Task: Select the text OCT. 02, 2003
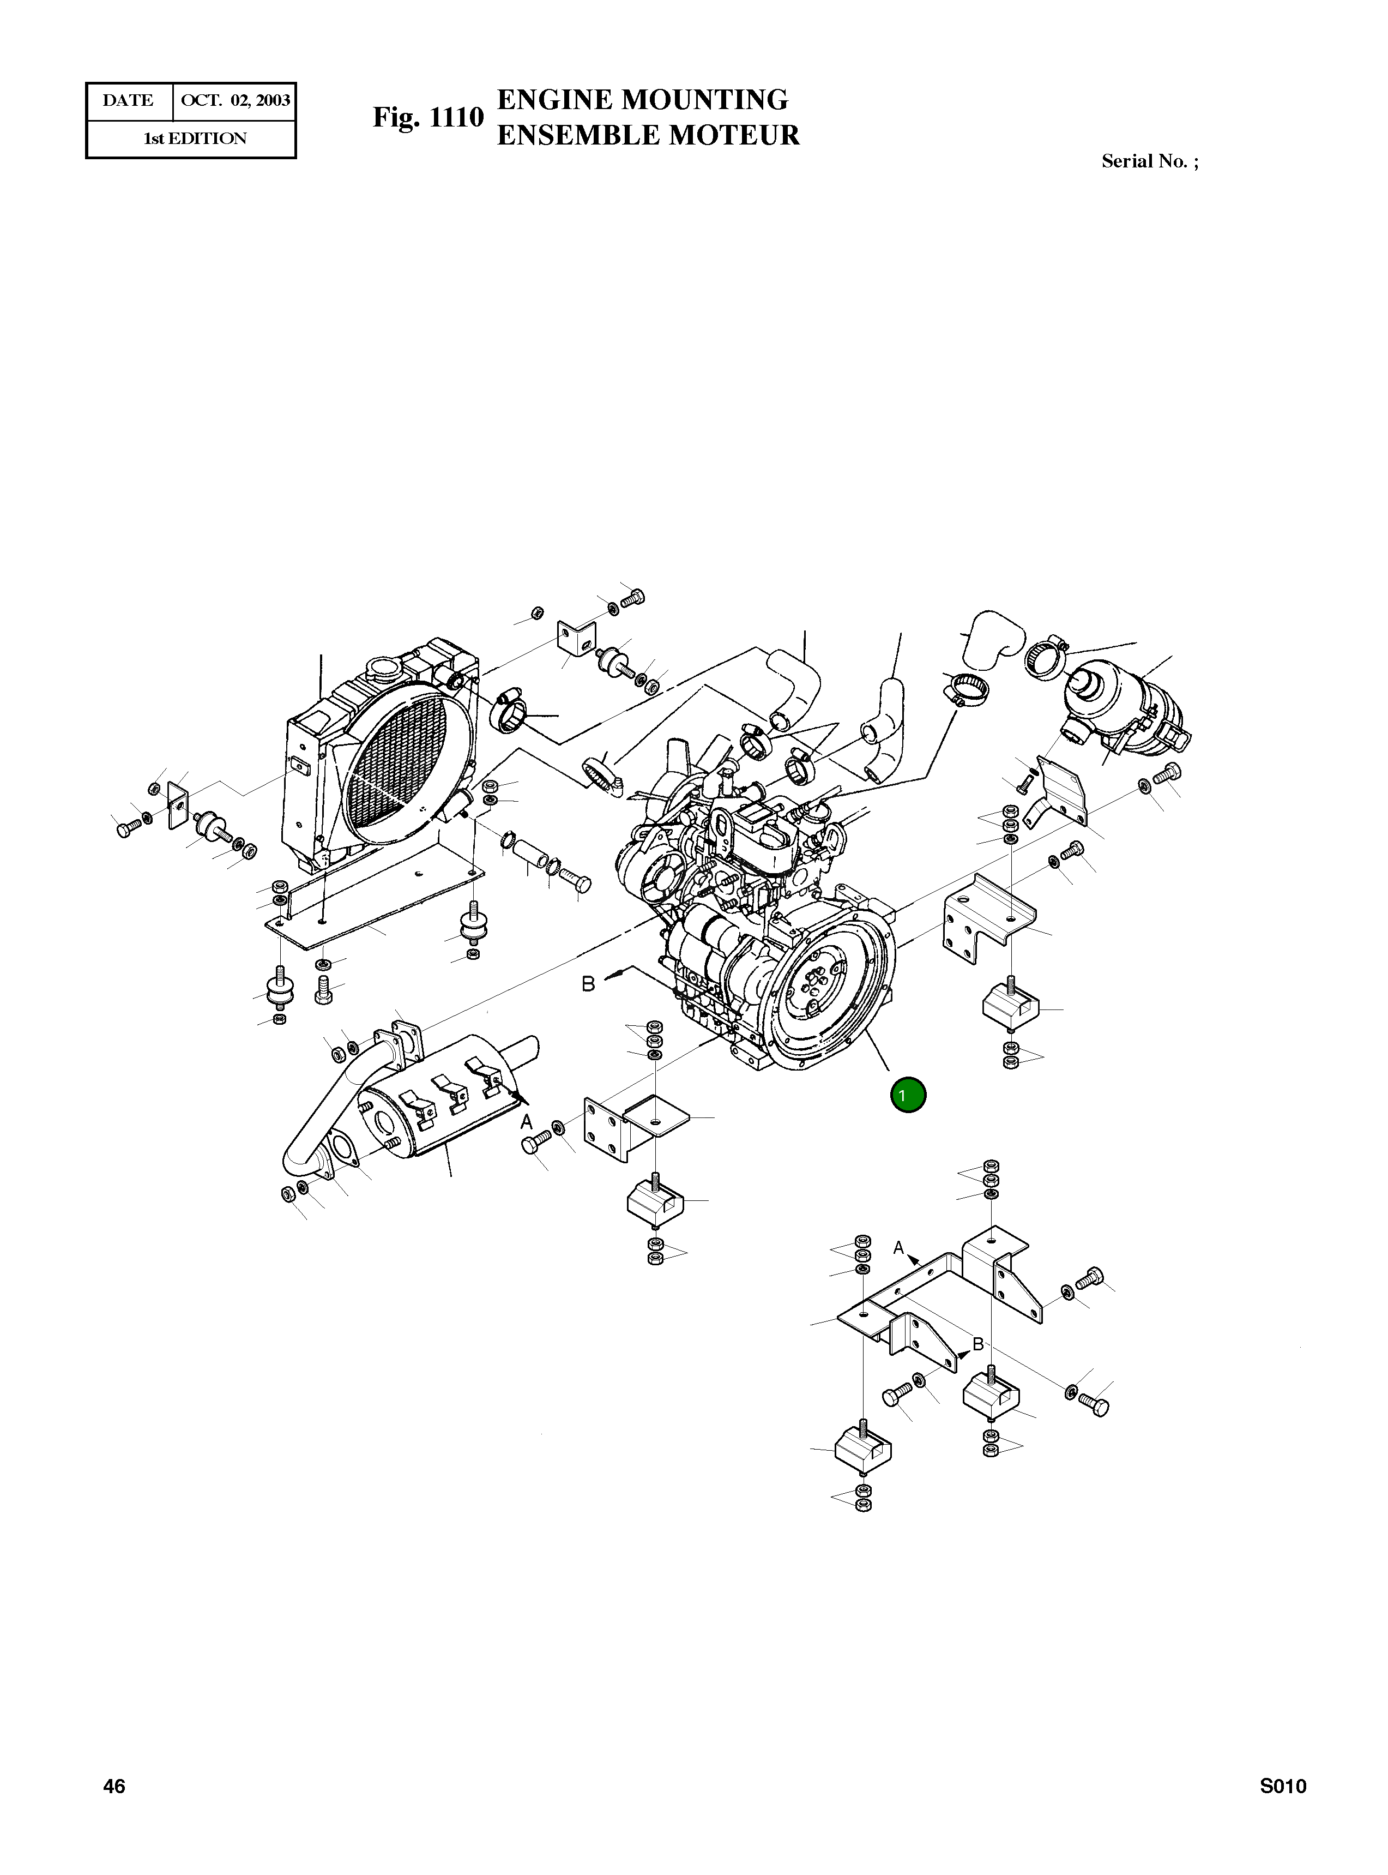(236, 101)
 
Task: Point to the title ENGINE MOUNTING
(643, 99)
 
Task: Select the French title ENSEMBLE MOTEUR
(648, 135)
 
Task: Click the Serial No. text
(1149, 161)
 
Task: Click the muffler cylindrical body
(437, 1109)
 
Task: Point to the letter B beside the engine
(589, 983)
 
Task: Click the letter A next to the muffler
(527, 1122)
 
